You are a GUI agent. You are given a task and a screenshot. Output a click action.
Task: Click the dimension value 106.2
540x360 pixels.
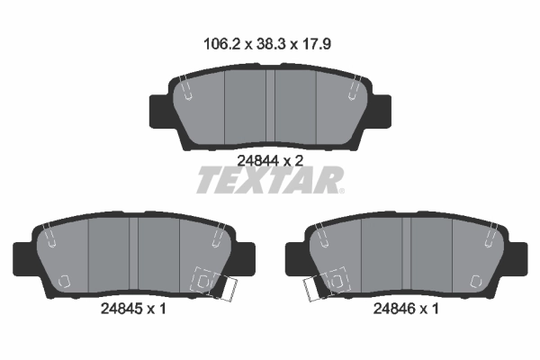pyautogui.click(x=221, y=44)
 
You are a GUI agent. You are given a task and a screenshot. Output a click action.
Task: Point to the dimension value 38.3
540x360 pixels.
pyautogui.click(x=272, y=44)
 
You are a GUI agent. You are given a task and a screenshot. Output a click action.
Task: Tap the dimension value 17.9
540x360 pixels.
pyautogui.click(x=316, y=44)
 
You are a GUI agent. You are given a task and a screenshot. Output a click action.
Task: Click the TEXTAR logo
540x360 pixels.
pyautogui.click(x=270, y=180)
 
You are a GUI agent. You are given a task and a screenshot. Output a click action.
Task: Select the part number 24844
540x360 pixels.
pyautogui.click(x=257, y=160)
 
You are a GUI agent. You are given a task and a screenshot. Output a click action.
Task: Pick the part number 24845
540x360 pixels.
pyautogui.click(x=121, y=309)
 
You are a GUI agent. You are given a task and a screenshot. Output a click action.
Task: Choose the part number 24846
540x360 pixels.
pyautogui.click(x=394, y=309)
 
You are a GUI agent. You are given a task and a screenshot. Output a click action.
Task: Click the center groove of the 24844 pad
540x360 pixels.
pyautogui.click(x=270, y=105)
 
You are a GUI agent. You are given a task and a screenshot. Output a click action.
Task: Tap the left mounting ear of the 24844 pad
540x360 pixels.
pyautogui.click(x=160, y=111)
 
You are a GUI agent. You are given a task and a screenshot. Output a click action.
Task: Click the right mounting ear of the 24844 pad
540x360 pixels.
pyautogui.click(x=381, y=111)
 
